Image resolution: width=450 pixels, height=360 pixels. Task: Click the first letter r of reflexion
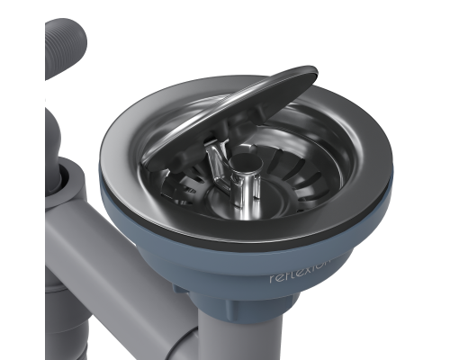click(x=274, y=280)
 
